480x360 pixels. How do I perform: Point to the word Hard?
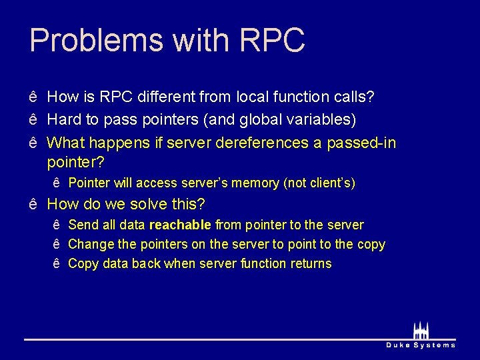[x=65, y=120]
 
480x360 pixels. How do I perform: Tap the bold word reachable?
[x=180, y=225]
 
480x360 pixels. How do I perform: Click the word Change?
[x=89, y=245]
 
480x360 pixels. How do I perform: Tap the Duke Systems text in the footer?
[x=421, y=345]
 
